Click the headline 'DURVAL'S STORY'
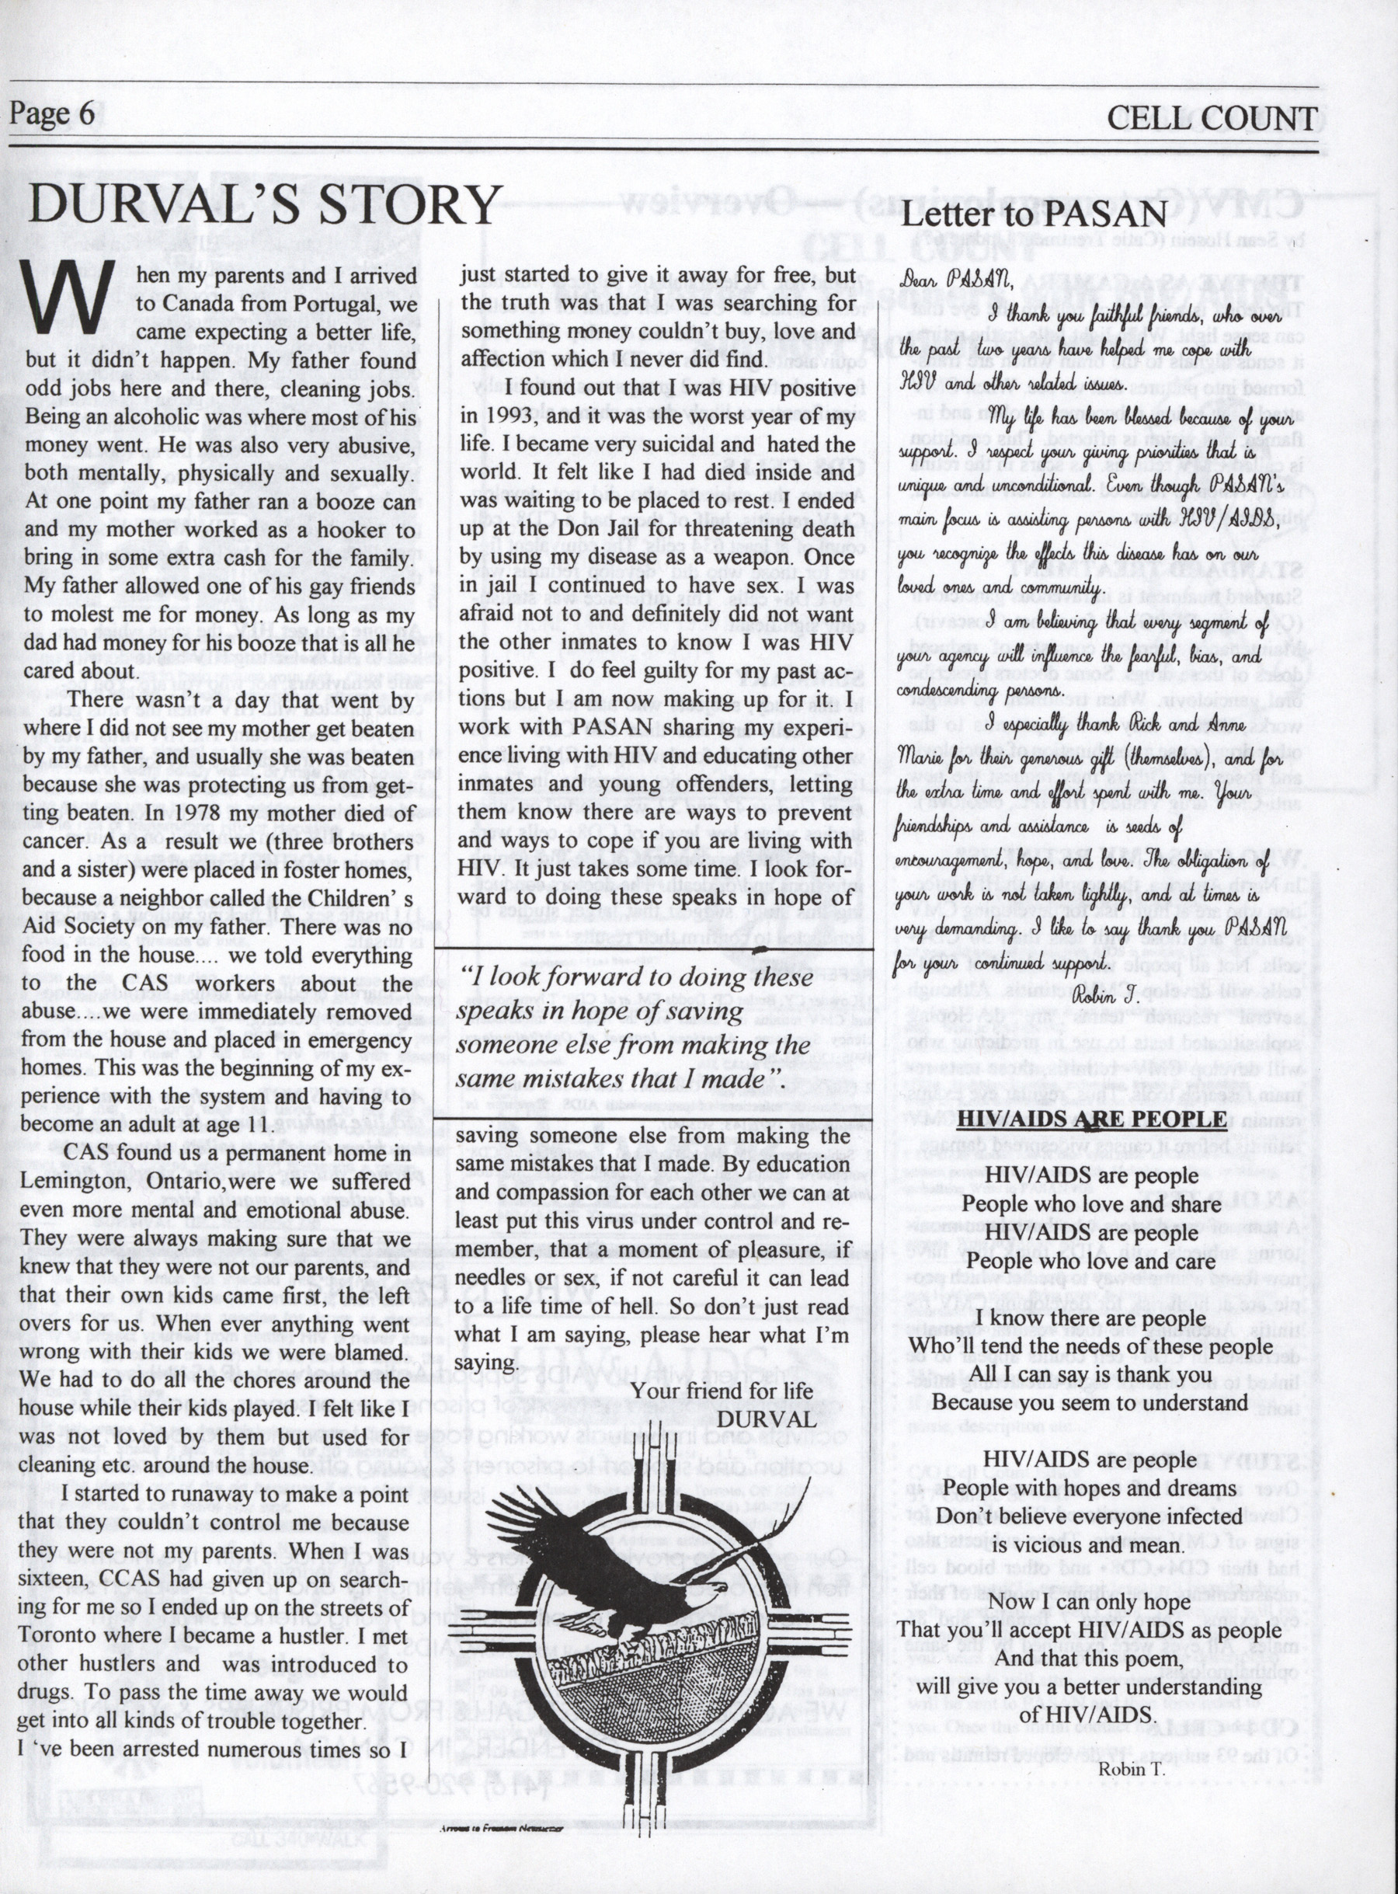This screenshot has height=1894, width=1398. [265, 206]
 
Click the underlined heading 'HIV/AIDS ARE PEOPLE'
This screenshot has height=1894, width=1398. [1090, 1119]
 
